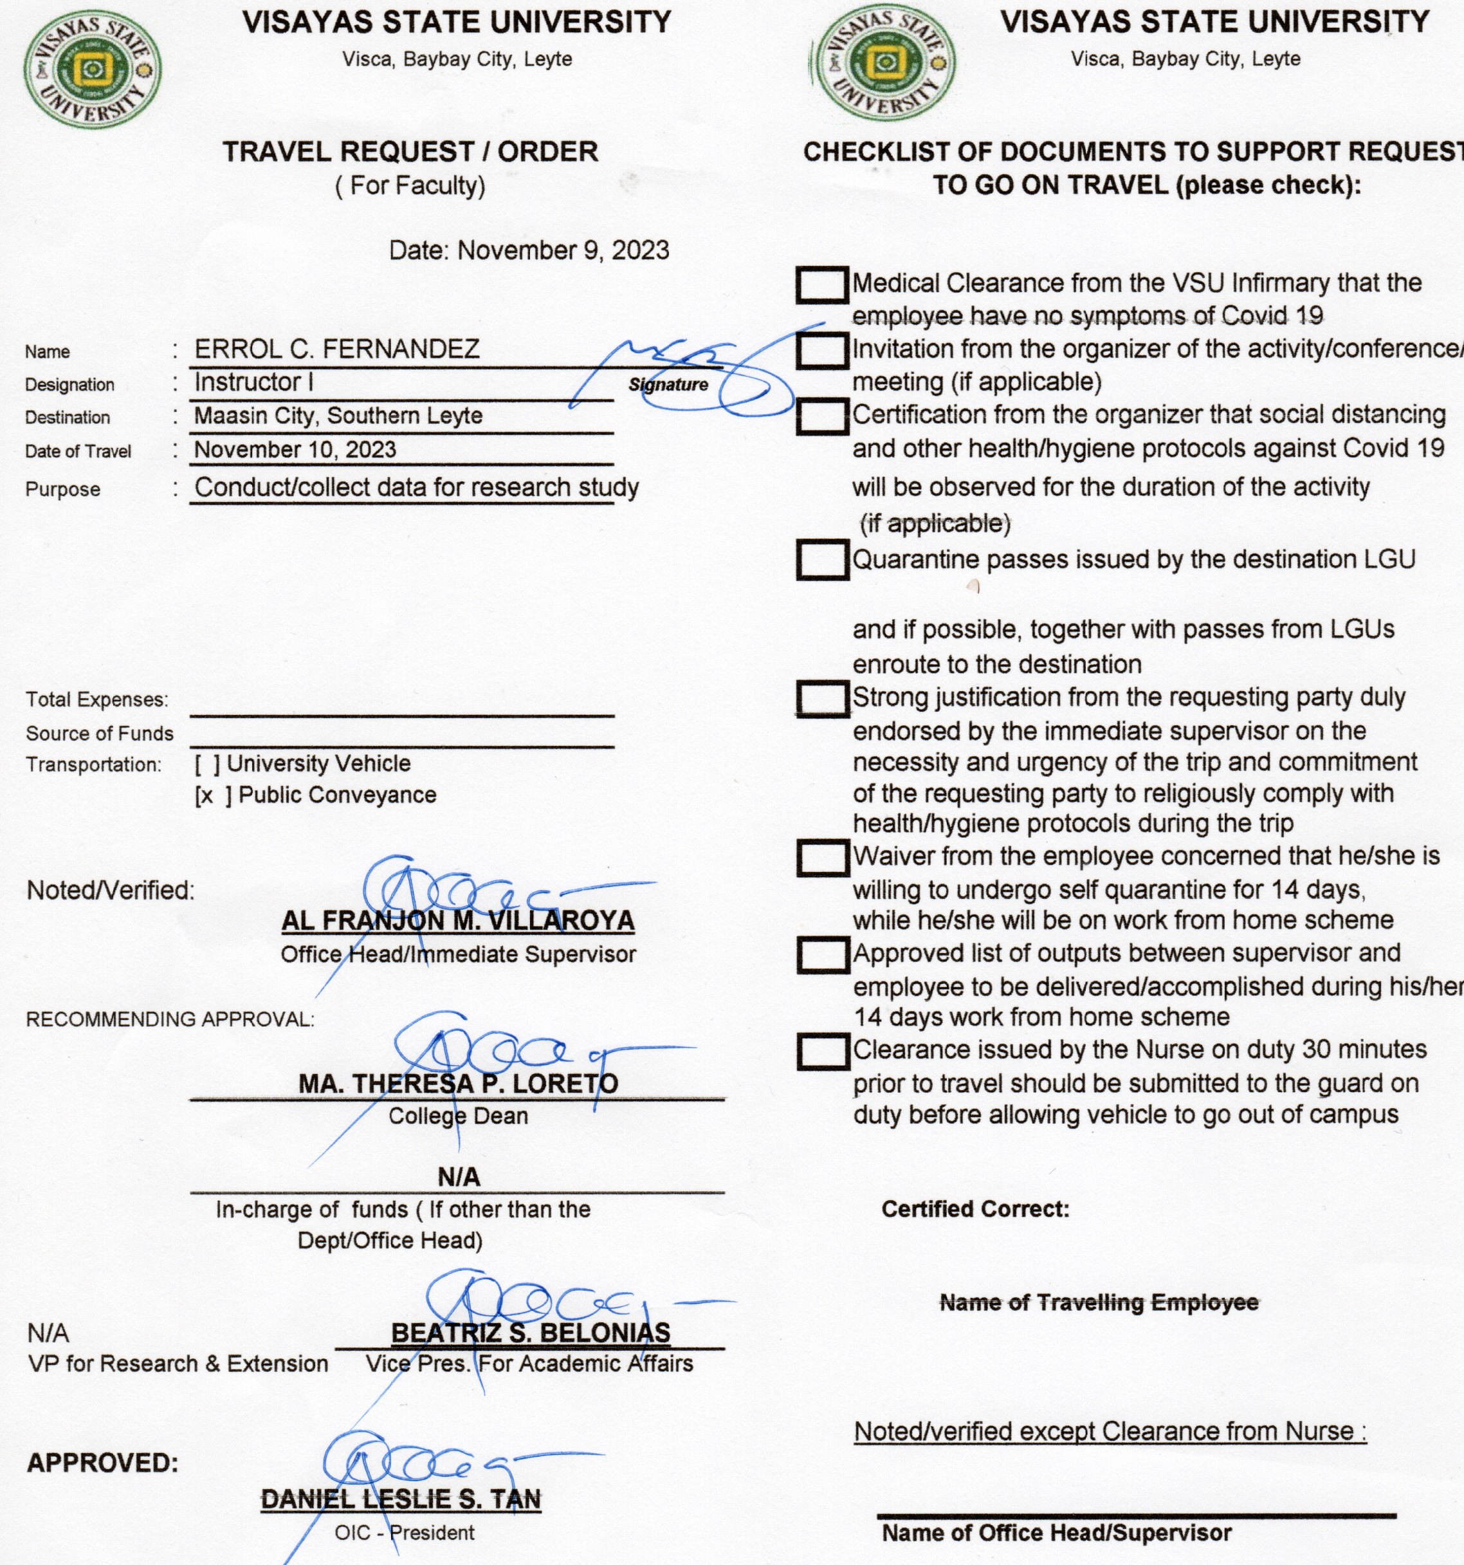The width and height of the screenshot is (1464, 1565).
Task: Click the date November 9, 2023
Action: (563, 250)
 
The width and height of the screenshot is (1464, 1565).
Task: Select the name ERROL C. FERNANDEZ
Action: (337, 349)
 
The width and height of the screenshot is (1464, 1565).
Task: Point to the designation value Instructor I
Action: (253, 383)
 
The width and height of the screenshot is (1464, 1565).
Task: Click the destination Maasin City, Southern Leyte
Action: (338, 416)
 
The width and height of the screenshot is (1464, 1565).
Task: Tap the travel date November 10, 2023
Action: (295, 450)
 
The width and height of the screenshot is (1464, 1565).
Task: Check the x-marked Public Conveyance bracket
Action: (214, 796)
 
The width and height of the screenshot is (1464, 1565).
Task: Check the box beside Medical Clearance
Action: (821, 284)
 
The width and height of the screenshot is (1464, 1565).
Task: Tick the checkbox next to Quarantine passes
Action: (821, 560)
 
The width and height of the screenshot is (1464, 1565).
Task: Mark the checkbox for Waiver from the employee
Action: (821, 857)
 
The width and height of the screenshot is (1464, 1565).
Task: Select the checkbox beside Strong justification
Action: (821, 698)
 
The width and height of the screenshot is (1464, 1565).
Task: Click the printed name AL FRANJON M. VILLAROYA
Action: (457, 920)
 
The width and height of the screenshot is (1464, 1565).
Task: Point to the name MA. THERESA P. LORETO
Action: (458, 1083)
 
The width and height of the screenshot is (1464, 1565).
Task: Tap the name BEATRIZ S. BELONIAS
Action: (531, 1333)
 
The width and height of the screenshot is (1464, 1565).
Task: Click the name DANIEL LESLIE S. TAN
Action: (401, 1499)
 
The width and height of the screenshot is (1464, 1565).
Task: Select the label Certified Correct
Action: (974, 1209)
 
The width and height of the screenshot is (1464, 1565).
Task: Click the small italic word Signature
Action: (668, 385)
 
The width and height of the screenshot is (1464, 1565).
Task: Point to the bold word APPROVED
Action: (102, 1463)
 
